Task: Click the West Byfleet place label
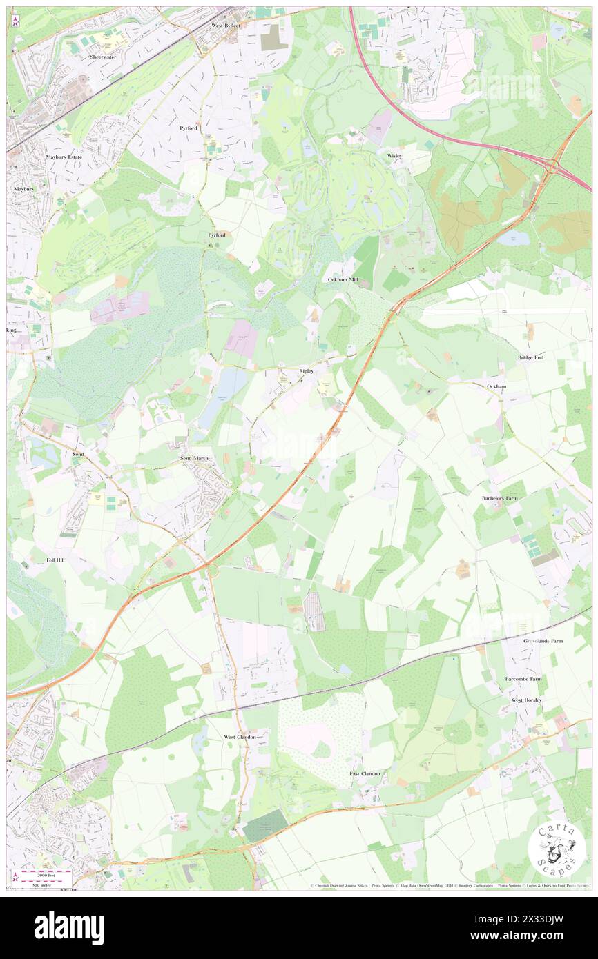pos(226,25)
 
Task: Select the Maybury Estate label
pos(64,157)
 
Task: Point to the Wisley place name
pos(394,156)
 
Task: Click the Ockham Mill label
pos(343,279)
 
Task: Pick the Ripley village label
pos(306,371)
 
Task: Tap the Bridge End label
pos(531,357)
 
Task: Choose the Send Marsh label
pos(193,458)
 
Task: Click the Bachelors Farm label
pos(499,497)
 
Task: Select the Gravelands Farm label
pos(543,641)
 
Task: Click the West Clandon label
pos(240,737)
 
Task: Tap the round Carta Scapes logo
pos(557,849)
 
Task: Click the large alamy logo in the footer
pos(69,928)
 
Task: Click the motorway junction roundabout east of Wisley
pos(552,166)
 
